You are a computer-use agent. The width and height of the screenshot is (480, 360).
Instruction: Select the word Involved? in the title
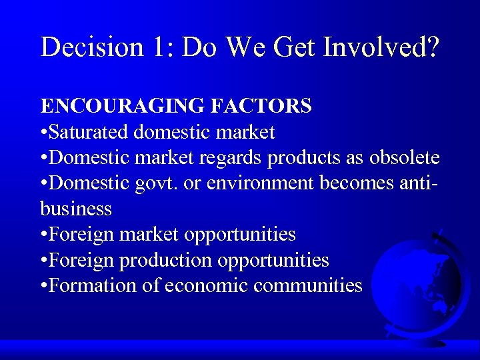coord(382,47)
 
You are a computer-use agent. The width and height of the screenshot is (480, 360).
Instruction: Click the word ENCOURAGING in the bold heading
coord(115,107)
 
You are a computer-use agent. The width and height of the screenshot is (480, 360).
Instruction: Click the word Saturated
coord(90,132)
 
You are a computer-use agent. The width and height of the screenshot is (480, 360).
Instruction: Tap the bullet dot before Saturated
coord(44,133)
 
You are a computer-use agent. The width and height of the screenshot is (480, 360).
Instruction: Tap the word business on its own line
coord(76,209)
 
